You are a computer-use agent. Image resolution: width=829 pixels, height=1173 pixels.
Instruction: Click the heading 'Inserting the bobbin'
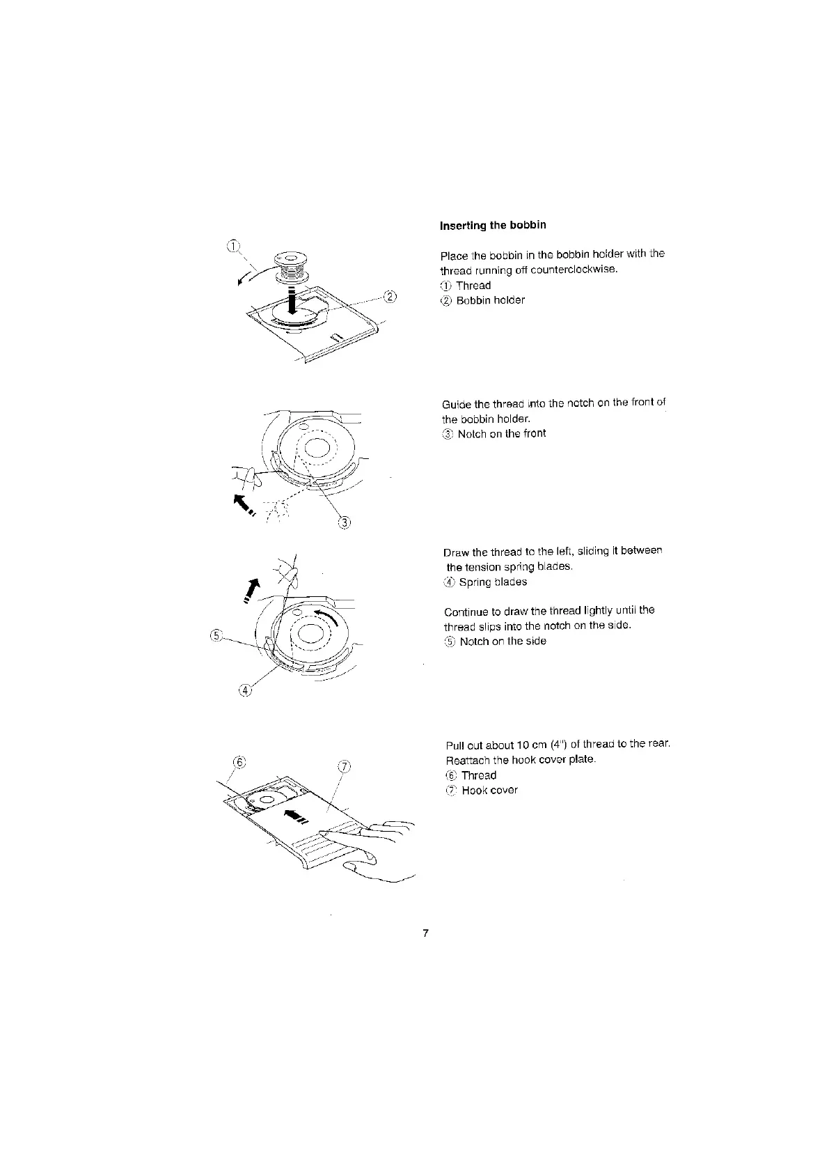tap(493, 225)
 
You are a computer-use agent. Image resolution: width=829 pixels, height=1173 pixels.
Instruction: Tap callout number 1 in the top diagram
tap(234, 244)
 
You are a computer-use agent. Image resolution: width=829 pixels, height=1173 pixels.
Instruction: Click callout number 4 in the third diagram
tap(244, 690)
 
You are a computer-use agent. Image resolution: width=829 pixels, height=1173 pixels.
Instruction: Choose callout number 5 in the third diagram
tap(216, 635)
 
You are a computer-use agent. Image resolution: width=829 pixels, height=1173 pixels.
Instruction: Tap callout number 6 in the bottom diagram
tap(239, 762)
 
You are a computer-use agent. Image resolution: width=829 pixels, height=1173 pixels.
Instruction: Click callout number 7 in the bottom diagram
tap(343, 767)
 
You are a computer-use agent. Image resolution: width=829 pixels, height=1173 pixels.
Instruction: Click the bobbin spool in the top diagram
tap(291, 266)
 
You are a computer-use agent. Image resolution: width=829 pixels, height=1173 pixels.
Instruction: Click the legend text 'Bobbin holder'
tap(490, 300)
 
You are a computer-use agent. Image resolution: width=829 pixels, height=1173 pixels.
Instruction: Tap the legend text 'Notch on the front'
tap(501, 433)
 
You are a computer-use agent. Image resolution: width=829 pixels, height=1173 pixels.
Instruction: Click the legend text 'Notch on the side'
tap(503, 641)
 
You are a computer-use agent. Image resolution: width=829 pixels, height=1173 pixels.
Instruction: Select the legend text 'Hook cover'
tap(489, 790)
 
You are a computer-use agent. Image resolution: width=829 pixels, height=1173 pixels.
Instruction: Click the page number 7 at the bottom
tap(425, 933)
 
